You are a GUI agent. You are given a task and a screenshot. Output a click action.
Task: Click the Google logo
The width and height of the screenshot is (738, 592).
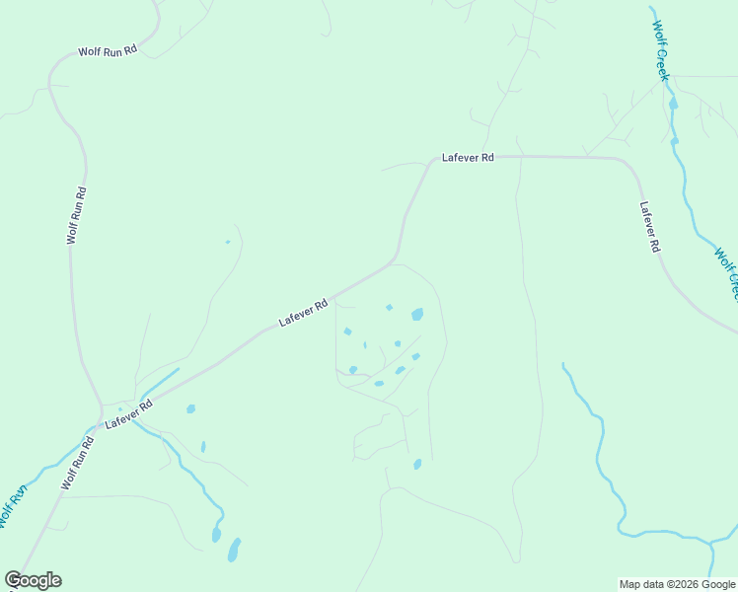click(33, 580)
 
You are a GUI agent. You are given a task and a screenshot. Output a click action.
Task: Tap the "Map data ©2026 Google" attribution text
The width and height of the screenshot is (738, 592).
click(677, 584)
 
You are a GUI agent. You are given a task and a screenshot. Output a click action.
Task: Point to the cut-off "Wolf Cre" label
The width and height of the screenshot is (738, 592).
click(726, 272)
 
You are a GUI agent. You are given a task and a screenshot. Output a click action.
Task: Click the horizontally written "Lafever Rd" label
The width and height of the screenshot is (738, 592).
click(468, 157)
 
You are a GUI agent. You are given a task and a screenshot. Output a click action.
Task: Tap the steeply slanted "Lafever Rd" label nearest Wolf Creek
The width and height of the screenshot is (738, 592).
click(649, 228)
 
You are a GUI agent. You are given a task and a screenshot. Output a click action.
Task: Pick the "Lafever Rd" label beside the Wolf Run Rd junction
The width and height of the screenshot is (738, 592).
click(129, 412)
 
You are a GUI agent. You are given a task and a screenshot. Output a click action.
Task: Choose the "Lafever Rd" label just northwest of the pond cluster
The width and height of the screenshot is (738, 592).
click(303, 315)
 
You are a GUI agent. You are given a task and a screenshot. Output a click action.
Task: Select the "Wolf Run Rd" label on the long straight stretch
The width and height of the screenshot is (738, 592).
click(77, 215)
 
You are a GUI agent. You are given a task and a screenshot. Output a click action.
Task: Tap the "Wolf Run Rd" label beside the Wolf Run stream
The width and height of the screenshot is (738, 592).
click(77, 464)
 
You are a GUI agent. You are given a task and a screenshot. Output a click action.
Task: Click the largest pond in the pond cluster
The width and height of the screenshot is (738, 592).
click(417, 315)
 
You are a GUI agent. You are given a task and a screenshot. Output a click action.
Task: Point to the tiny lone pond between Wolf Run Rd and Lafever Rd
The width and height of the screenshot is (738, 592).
click(228, 242)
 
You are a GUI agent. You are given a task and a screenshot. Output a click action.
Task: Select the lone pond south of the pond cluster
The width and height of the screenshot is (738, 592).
click(417, 464)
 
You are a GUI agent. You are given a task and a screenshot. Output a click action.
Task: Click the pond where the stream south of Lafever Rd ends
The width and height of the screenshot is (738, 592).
click(216, 535)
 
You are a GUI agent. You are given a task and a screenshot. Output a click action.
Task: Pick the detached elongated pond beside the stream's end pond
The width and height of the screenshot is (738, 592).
click(234, 549)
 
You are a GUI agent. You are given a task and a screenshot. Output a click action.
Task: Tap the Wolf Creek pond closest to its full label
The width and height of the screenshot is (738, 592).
click(673, 103)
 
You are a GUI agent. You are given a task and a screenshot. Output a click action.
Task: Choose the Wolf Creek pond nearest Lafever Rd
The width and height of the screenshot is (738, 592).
click(675, 141)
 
